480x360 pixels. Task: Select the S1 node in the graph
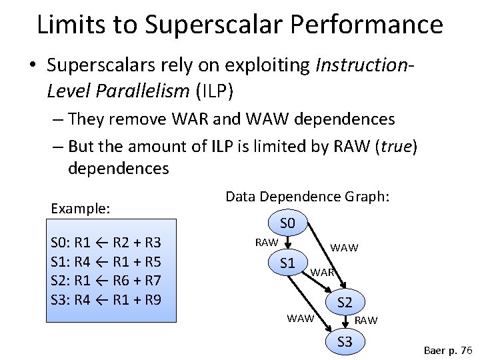coord(287,263)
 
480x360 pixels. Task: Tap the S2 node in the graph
coord(345,303)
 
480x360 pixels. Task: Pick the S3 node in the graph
coord(345,343)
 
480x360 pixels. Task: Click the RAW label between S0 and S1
coord(267,242)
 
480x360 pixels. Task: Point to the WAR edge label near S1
coord(323,273)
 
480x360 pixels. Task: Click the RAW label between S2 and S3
coord(366,321)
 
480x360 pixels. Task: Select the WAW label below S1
coord(300,318)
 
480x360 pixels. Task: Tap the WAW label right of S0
coord(344,248)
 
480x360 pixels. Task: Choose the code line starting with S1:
coord(105,261)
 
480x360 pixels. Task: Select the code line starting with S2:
coord(105,280)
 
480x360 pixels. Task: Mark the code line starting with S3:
coord(105,299)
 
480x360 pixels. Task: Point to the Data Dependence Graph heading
coord(307,197)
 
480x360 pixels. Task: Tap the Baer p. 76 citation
coord(447,350)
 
